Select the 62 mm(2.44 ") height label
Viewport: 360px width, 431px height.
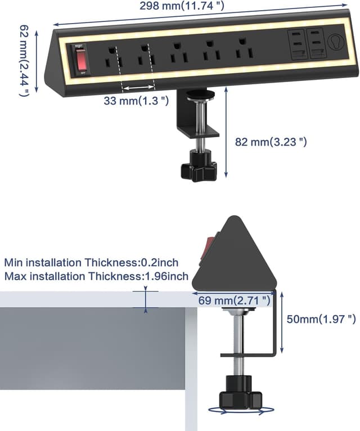click(x=24, y=60)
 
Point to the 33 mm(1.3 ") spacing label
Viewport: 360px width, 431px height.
click(x=136, y=101)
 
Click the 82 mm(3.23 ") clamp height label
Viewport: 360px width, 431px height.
click(x=271, y=142)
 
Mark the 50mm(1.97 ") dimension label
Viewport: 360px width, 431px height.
click(x=321, y=319)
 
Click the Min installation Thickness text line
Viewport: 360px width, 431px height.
click(x=92, y=262)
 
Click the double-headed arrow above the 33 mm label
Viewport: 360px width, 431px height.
click(x=138, y=88)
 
